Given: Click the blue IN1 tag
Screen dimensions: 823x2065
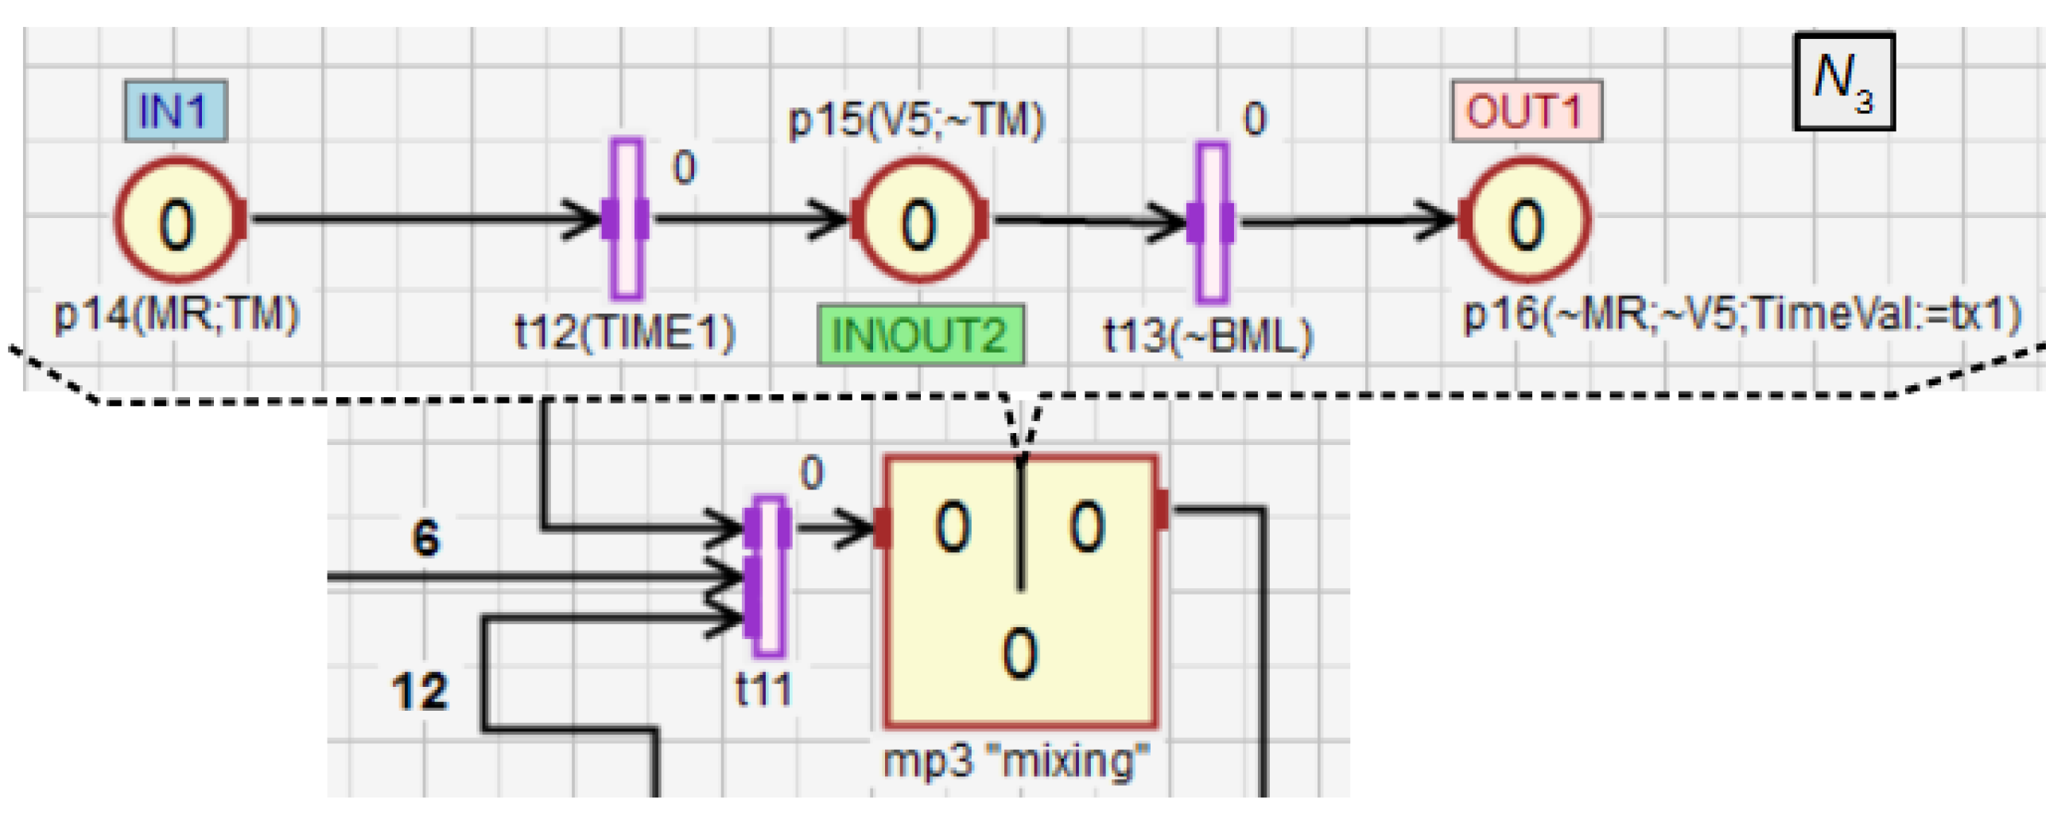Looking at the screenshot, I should coord(175,111).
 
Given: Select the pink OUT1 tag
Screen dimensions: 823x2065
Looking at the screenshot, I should coord(1526,111).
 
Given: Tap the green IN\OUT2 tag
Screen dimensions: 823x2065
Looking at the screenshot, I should coord(920,334).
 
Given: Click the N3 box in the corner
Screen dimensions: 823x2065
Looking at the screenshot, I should coord(1844,82).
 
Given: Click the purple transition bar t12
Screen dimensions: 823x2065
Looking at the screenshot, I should coord(626,219).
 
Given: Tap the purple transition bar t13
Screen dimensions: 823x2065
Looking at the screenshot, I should coord(1211,222).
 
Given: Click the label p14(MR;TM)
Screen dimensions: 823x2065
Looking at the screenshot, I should coord(177,314).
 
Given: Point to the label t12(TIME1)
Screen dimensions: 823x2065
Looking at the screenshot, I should coord(624,332).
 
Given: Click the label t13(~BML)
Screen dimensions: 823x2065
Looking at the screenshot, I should coord(1208,335).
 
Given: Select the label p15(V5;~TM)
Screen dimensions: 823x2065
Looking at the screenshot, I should coord(917,120).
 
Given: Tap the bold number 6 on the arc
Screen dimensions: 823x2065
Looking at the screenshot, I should coord(425,537).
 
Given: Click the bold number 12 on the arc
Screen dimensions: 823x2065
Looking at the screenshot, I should coord(419,691).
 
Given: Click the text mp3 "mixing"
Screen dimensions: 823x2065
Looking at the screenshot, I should coord(1016,759).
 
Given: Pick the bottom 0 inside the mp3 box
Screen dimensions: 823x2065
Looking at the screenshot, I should coord(1019,653).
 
